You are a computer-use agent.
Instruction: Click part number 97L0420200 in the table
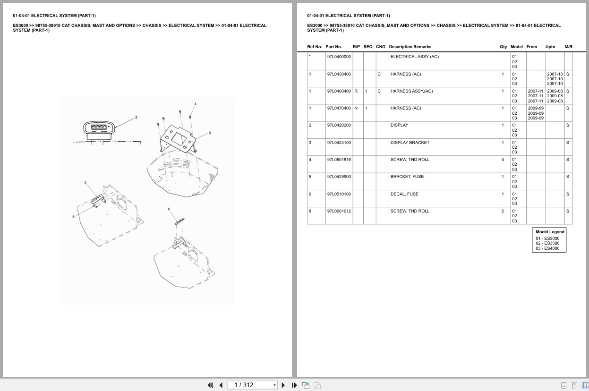click(x=339, y=125)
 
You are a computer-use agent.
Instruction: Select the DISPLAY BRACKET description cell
click(x=410, y=143)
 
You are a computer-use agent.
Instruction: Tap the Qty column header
click(x=504, y=47)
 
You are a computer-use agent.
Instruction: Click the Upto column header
click(x=550, y=47)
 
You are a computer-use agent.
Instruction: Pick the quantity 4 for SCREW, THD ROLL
click(x=503, y=160)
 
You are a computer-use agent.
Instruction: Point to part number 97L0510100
click(x=339, y=194)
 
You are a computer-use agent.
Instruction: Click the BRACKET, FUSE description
click(x=407, y=177)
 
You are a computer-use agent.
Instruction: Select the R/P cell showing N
click(x=356, y=108)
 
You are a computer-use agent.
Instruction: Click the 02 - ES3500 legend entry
click(x=547, y=243)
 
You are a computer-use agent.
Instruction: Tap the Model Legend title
click(x=550, y=232)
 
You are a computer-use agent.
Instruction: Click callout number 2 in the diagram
click(x=136, y=117)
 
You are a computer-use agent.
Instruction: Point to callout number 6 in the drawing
click(x=169, y=209)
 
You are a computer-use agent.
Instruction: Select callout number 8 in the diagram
click(x=73, y=217)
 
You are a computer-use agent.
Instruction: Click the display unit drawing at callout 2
click(x=99, y=130)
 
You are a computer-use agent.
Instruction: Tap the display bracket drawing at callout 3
click(x=178, y=139)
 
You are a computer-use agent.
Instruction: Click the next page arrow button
click(x=283, y=385)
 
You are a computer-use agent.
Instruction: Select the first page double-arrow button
click(x=210, y=385)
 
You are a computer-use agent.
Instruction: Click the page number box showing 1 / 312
click(x=252, y=385)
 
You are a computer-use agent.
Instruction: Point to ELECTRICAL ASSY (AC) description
click(x=414, y=57)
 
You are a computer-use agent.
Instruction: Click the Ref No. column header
click(x=315, y=47)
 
